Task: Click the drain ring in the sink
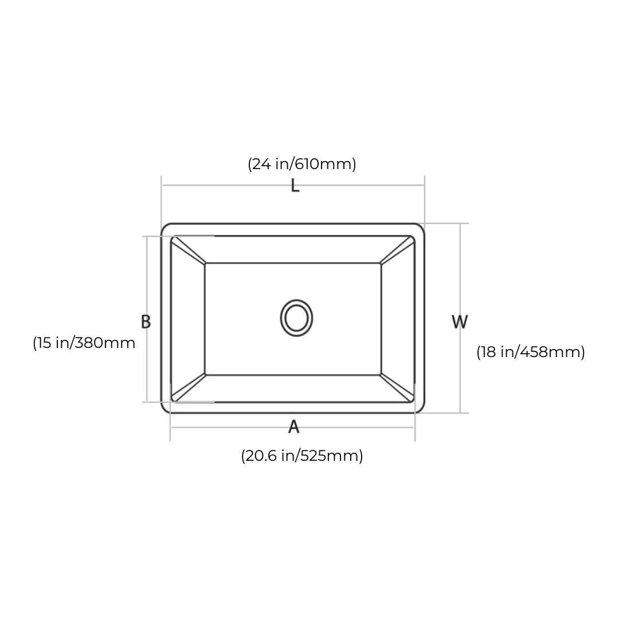(x=296, y=318)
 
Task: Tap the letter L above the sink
(x=295, y=186)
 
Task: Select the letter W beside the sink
(x=459, y=322)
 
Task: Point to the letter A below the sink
(x=293, y=427)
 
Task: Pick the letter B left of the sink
(x=146, y=322)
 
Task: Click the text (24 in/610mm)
(x=301, y=164)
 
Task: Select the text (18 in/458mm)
(x=530, y=352)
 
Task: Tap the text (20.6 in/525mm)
(x=301, y=456)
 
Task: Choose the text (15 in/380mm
(x=84, y=343)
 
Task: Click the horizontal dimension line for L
(x=229, y=185)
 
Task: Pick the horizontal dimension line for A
(x=229, y=427)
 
